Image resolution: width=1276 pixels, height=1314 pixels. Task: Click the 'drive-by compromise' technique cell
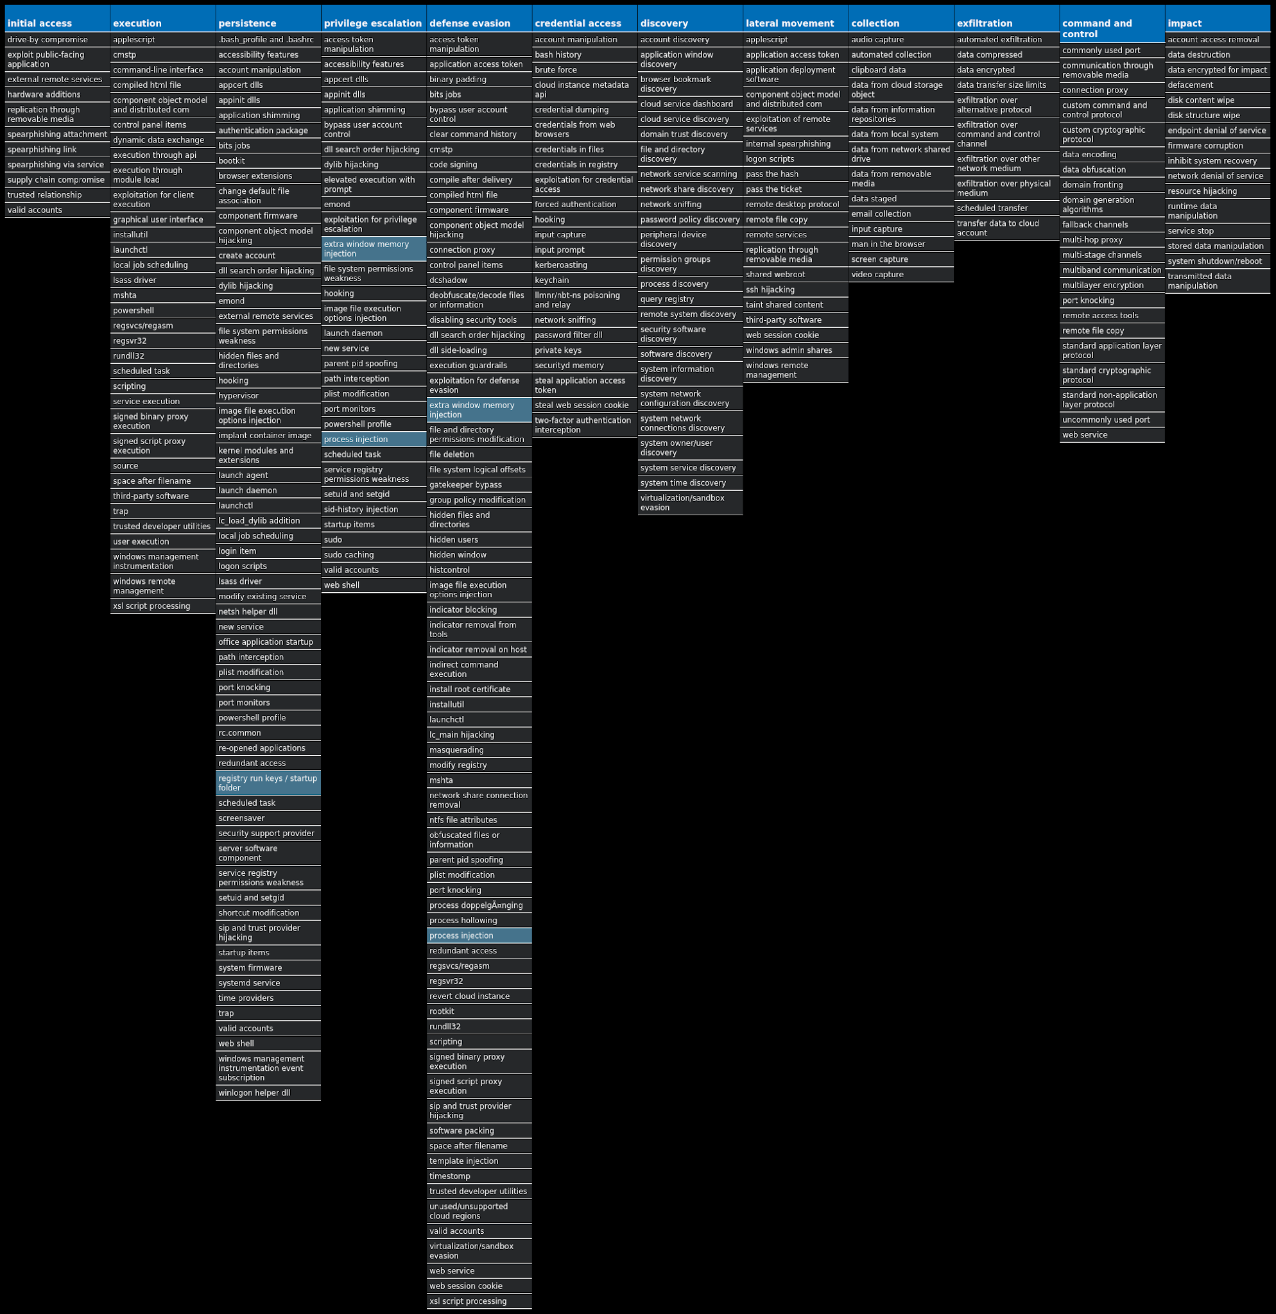pyautogui.click(x=56, y=40)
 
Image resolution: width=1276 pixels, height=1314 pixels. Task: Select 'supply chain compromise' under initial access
pyautogui.click(x=56, y=180)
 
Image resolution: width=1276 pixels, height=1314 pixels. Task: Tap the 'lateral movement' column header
pyautogui.click(x=795, y=23)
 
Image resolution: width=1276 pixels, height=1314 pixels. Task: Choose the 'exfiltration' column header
pyautogui.click(x=1006, y=23)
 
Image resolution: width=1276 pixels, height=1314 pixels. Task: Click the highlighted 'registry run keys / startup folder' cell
pyautogui.click(x=268, y=783)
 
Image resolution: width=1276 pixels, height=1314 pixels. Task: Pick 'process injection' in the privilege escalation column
pyautogui.click(x=374, y=439)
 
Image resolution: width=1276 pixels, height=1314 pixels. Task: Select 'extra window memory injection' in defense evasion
pyautogui.click(x=479, y=409)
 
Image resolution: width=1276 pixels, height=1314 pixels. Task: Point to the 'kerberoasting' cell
pyautogui.click(x=584, y=265)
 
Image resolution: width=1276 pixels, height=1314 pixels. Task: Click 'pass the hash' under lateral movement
pyautogui.click(x=795, y=175)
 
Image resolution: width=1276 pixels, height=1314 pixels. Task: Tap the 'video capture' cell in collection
pyautogui.click(x=901, y=274)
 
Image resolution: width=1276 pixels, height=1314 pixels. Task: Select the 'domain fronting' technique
pyautogui.click(x=1111, y=185)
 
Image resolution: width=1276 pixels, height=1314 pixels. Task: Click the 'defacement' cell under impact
pyautogui.click(x=1217, y=85)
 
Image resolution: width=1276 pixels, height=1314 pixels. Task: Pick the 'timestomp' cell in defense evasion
pyautogui.click(x=479, y=1176)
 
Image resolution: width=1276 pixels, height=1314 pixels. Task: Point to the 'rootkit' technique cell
pyautogui.click(x=479, y=1011)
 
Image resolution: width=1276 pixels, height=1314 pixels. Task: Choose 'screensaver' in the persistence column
pyautogui.click(x=268, y=818)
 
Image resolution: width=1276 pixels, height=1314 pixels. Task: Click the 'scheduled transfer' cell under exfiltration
pyautogui.click(x=1006, y=209)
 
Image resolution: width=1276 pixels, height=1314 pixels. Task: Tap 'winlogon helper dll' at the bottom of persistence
pyautogui.click(x=268, y=1093)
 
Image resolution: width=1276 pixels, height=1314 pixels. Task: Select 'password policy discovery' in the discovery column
pyautogui.click(x=690, y=220)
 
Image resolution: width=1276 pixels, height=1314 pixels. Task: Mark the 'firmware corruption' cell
pyautogui.click(x=1217, y=146)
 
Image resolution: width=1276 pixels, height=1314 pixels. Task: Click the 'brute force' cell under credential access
pyautogui.click(x=584, y=70)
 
